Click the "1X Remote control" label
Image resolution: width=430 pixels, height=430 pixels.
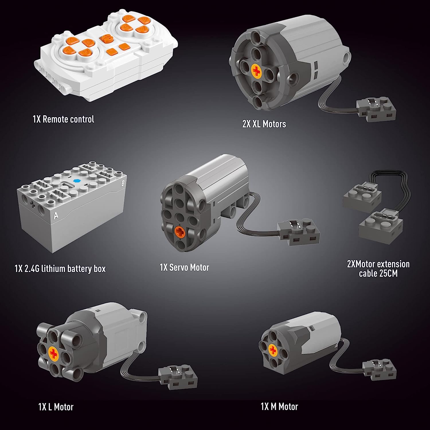(x=63, y=119)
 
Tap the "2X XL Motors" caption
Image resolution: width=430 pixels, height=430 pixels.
(x=264, y=124)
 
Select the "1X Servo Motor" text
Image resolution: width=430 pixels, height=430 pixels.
(x=184, y=267)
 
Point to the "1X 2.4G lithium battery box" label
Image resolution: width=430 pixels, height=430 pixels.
(x=60, y=269)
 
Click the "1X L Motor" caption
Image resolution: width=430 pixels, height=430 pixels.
(x=56, y=407)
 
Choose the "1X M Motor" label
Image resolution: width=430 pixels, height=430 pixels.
(x=279, y=406)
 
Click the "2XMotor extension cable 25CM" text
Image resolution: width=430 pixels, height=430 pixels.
(x=378, y=269)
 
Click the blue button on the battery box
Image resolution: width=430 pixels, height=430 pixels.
(x=76, y=181)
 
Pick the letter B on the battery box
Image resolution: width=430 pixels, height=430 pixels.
(x=123, y=183)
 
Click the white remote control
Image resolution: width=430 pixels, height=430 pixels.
(x=106, y=56)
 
